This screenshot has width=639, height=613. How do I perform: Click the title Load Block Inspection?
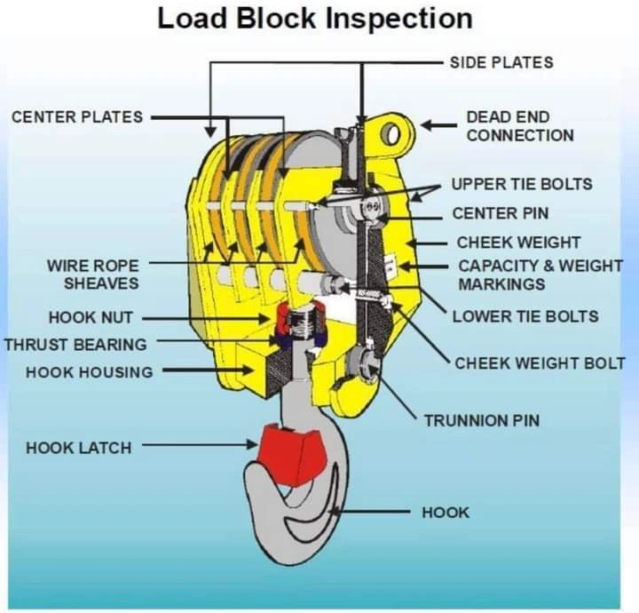(x=314, y=19)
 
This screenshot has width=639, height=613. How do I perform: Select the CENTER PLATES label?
(x=76, y=116)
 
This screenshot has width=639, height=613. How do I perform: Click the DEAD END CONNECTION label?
(x=520, y=126)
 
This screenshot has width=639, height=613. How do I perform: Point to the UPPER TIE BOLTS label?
(x=522, y=184)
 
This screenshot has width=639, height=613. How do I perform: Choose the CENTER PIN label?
(x=501, y=213)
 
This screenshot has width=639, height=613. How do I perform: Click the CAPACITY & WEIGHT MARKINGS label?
(x=540, y=275)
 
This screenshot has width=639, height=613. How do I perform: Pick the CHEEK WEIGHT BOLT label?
(x=540, y=363)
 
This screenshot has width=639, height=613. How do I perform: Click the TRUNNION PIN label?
(x=481, y=419)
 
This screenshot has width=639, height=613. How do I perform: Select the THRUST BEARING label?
(x=75, y=344)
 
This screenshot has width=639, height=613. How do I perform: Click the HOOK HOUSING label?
(x=89, y=372)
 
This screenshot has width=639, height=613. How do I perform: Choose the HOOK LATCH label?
(x=78, y=448)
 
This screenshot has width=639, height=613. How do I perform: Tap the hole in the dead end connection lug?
(x=392, y=134)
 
